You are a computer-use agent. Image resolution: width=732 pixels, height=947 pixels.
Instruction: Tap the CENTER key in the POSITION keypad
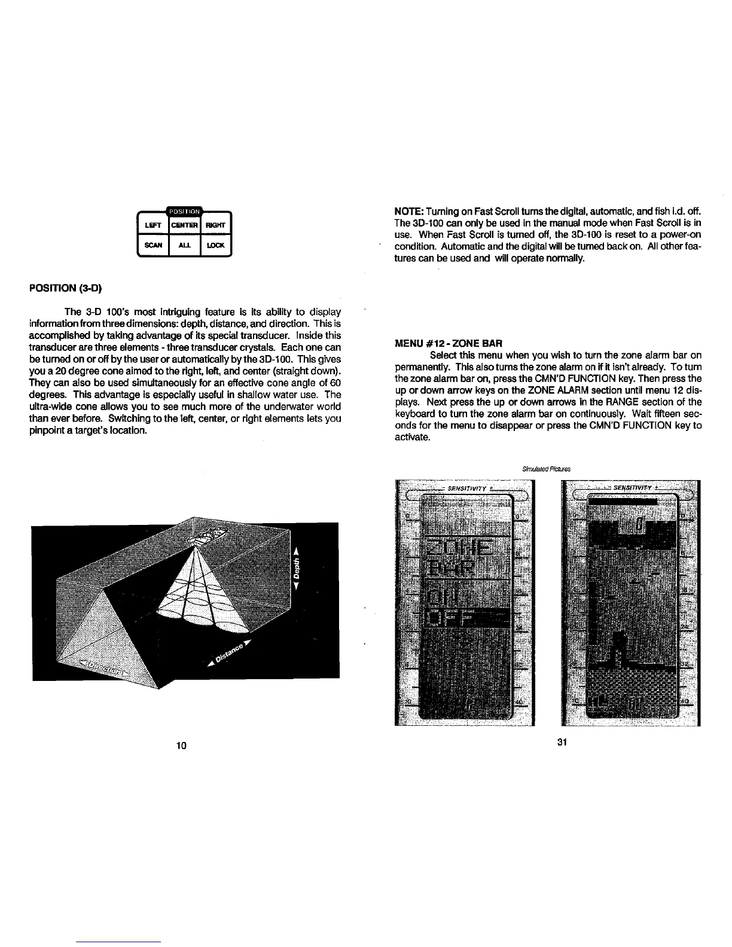(x=185, y=225)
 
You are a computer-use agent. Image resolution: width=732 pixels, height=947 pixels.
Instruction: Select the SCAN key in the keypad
(x=153, y=246)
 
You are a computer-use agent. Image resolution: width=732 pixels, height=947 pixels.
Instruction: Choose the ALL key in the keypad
(x=185, y=246)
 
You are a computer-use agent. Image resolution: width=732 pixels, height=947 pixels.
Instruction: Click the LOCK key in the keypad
(x=215, y=246)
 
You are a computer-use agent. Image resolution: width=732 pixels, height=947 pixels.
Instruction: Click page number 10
(x=182, y=745)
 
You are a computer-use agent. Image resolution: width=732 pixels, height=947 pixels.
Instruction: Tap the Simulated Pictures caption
(x=542, y=468)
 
